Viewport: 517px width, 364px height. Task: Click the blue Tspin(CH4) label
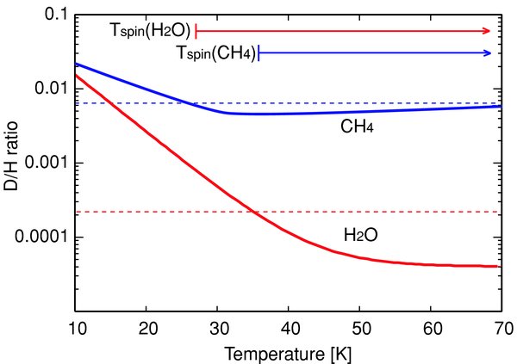[x=213, y=53]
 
